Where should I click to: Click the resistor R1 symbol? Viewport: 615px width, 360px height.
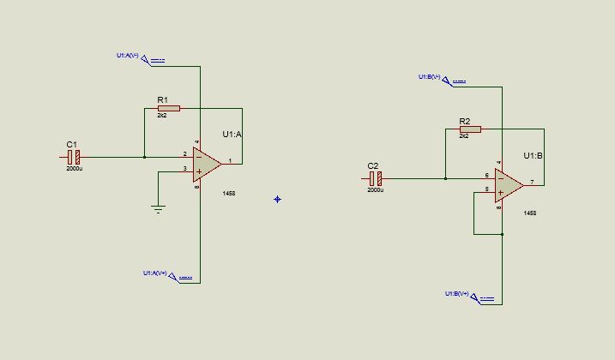pos(169,109)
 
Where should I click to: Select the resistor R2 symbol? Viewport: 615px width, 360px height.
pos(470,129)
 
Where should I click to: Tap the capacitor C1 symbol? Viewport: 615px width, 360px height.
pos(74,157)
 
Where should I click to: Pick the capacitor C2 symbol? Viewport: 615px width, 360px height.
pos(375,178)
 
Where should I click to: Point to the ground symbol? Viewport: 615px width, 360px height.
pos(158,208)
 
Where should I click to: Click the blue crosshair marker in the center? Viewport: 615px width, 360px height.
pos(277,200)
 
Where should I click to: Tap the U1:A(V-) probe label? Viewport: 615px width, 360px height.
pos(127,56)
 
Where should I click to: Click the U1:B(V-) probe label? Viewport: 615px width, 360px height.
pos(429,77)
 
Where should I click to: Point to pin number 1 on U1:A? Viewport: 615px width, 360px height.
pos(229,160)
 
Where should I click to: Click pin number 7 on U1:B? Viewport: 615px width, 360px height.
pos(531,182)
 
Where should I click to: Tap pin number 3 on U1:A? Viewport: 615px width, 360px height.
pos(184,169)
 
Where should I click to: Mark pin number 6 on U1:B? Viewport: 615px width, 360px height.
pos(486,175)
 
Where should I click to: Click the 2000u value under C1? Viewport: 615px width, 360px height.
pos(74,169)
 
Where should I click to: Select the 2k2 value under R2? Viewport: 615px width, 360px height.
pos(464,136)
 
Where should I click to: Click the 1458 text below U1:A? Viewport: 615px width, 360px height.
pos(228,194)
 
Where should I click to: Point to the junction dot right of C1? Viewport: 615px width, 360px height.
pos(144,157)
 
